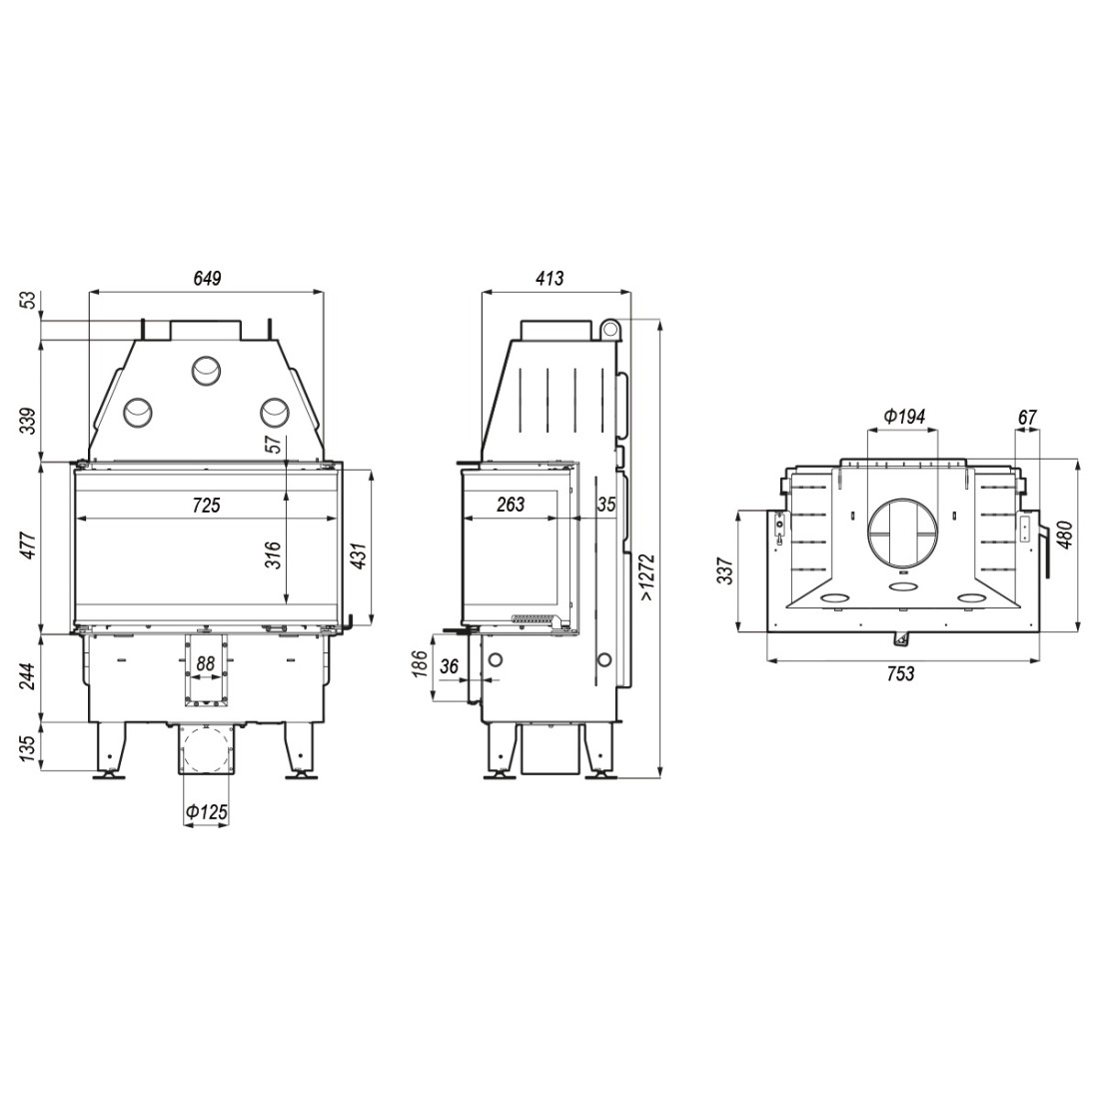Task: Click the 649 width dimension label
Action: tap(208, 279)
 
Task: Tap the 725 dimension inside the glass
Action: tap(206, 505)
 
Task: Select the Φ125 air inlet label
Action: tap(207, 812)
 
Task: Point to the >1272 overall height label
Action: tap(647, 576)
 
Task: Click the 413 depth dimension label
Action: tap(549, 279)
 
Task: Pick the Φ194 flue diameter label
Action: tap(904, 417)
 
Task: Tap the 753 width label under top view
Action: tap(900, 673)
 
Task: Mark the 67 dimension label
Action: tap(1027, 417)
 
